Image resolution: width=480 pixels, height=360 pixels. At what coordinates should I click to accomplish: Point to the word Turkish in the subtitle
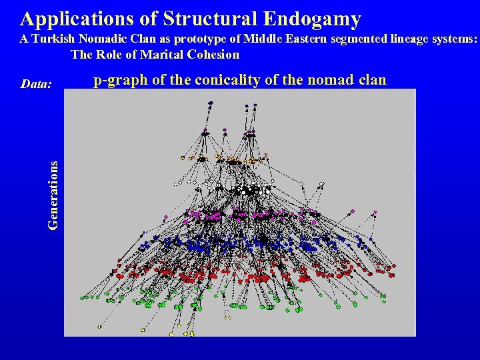click(x=53, y=39)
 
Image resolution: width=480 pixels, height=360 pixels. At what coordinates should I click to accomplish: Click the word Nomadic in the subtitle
click(x=113, y=39)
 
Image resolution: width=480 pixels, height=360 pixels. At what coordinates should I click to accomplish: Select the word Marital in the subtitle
click(x=163, y=55)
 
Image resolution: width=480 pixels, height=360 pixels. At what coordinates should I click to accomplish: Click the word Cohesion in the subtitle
click(x=213, y=55)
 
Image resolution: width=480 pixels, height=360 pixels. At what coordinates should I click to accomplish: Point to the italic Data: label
click(x=36, y=84)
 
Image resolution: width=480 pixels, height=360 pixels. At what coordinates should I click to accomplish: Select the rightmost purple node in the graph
click(x=375, y=211)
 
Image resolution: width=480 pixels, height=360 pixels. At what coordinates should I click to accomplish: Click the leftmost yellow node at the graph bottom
click(x=99, y=327)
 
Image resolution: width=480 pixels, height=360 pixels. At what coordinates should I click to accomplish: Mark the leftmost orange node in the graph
click(x=183, y=158)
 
